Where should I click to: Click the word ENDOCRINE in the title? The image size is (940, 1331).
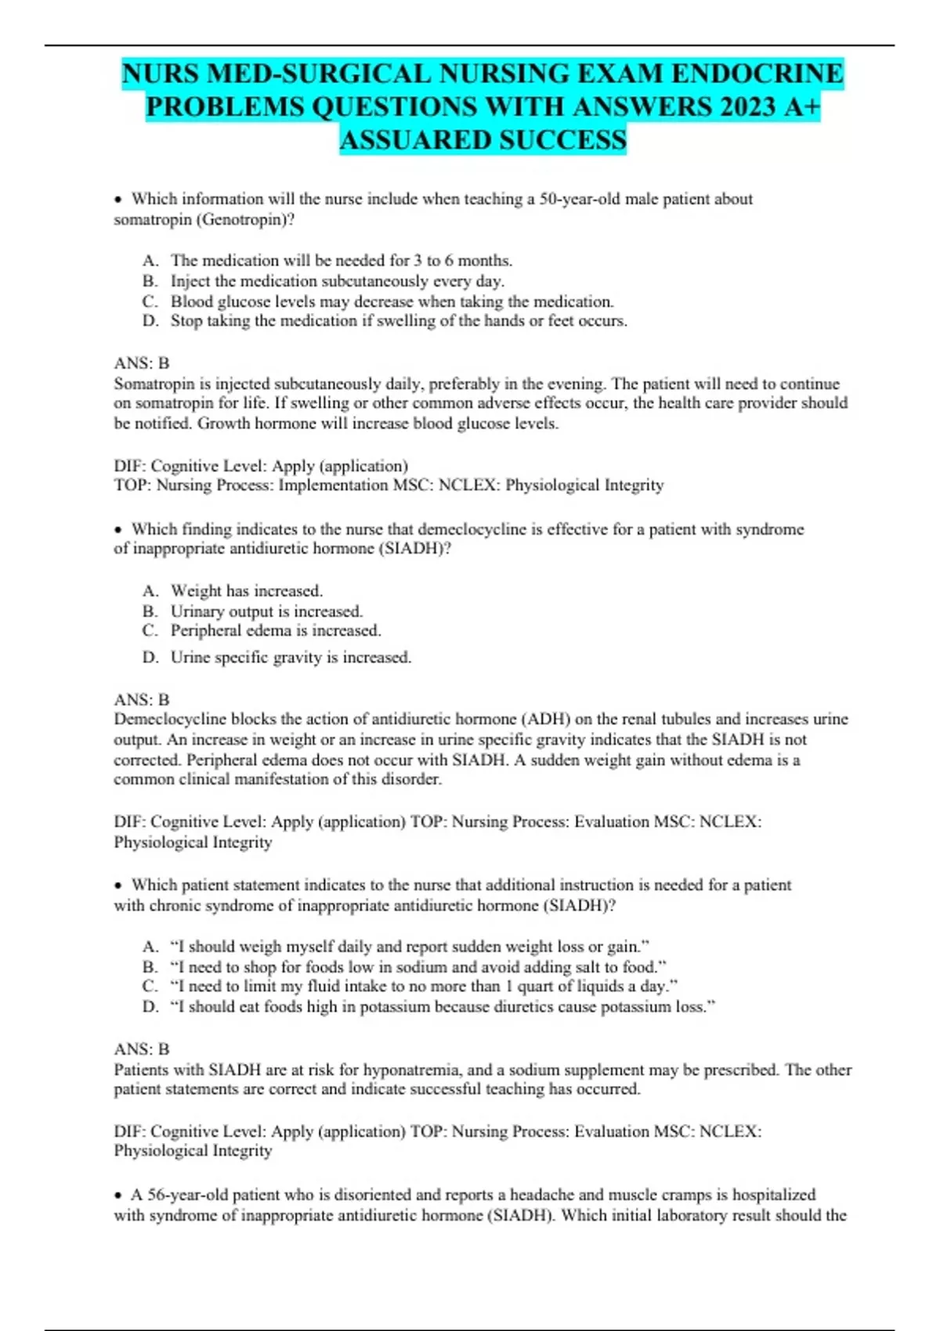point(757,74)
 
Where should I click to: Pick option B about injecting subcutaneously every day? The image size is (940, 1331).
point(337,281)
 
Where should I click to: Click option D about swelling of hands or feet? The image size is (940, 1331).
point(398,321)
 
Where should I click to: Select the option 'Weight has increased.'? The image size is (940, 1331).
point(246,591)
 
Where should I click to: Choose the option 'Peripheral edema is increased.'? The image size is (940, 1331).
point(276,631)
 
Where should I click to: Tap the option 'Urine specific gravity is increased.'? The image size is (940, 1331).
point(291,658)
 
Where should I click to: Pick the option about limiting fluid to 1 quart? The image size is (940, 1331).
point(423,987)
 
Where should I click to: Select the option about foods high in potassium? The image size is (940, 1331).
point(443,1007)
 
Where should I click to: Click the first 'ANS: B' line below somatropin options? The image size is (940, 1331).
point(142,363)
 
